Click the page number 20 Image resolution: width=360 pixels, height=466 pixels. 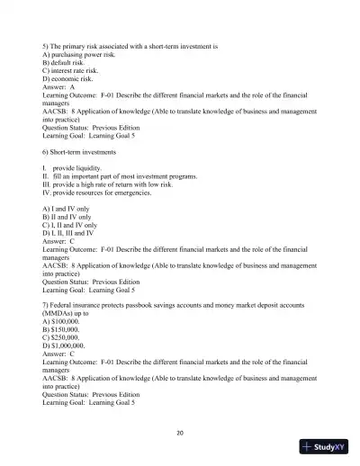[x=180, y=433]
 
